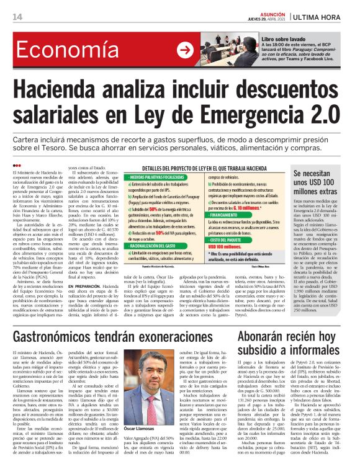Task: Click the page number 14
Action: click(9, 16)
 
